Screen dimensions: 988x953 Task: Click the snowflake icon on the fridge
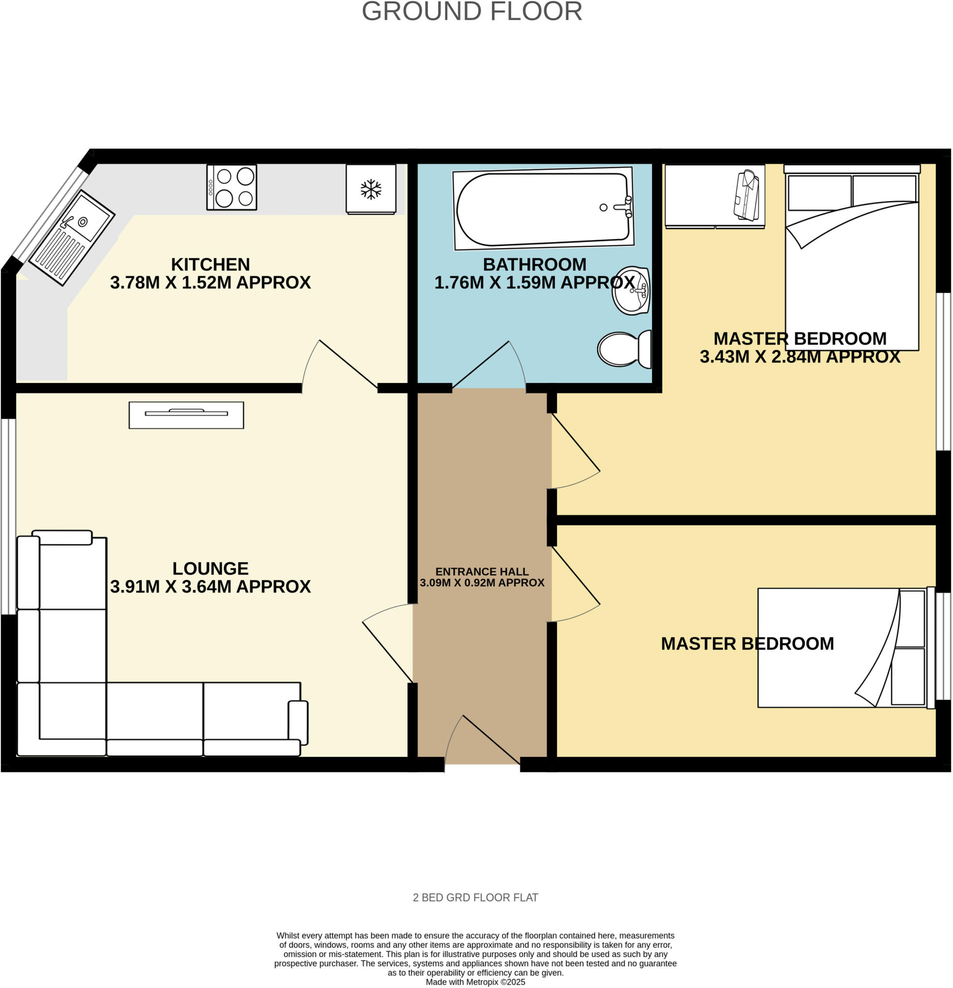pos(371,189)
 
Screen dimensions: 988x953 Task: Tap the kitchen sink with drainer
pos(71,237)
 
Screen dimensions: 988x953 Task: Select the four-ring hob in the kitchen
pos(232,187)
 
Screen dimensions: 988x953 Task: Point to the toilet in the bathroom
pos(624,349)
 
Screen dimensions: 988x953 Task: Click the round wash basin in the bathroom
pos(631,291)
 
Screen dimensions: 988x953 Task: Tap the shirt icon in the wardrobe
pos(747,195)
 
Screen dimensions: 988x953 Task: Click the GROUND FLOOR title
pos(471,11)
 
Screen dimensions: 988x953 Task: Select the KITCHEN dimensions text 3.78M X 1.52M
pos(210,282)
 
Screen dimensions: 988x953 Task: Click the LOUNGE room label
pos(210,568)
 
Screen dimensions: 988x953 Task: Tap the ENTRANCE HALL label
pos(482,571)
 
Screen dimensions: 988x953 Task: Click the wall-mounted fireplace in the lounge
pos(186,415)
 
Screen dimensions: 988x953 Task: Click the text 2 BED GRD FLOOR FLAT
pos(475,897)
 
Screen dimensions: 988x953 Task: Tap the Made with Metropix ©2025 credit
pos(475,982)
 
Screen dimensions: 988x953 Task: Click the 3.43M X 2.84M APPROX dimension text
pos(799,357)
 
